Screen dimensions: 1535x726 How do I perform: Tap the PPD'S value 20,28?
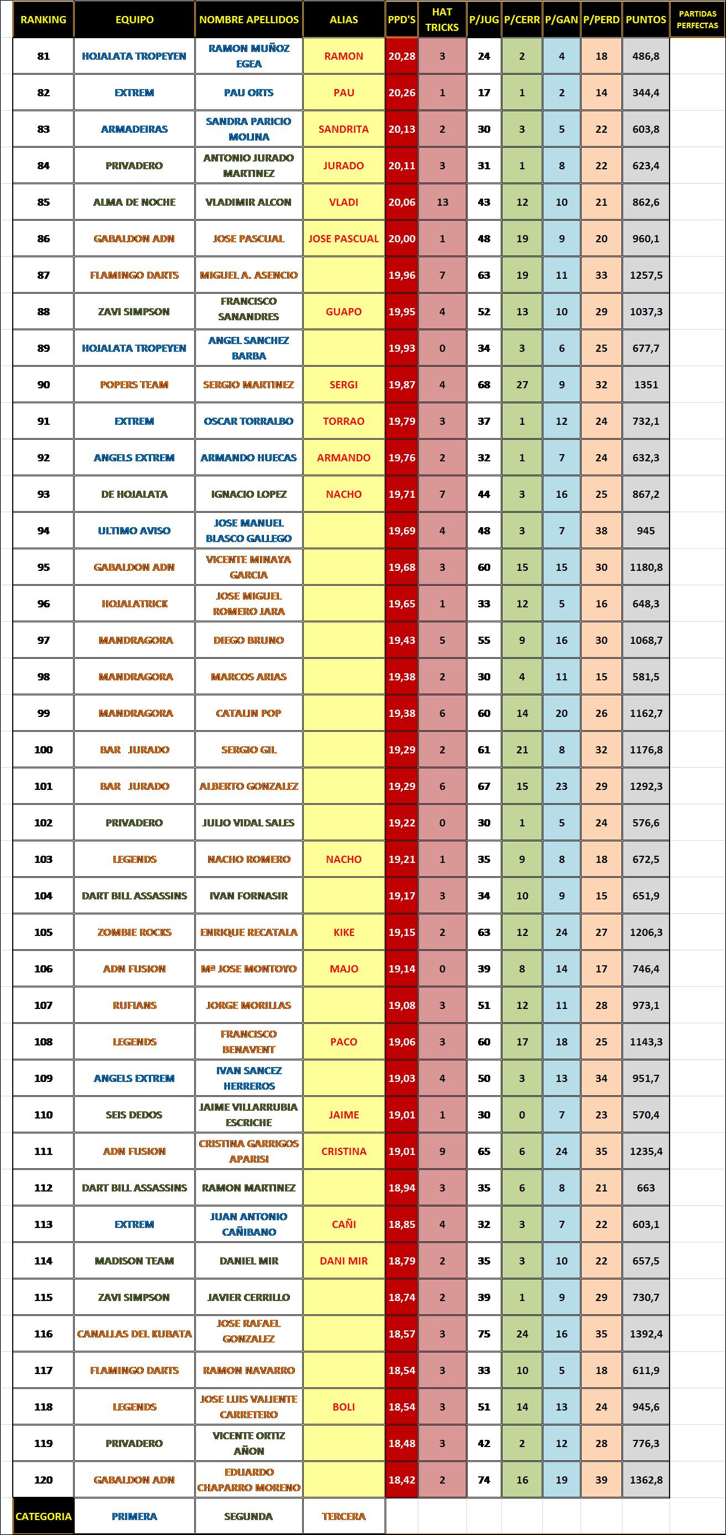click(402, 56)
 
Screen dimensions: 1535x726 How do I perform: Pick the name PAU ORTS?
click(248, 92)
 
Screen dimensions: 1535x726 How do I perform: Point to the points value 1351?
click(646, 384)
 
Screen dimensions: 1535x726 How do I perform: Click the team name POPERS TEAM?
click(134, 384)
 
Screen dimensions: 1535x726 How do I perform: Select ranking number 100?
click(43, 750)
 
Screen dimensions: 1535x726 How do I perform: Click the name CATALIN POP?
click(248, 713)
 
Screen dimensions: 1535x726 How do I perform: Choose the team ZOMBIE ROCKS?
click(134, 932)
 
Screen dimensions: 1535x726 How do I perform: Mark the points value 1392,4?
click(646, 1334)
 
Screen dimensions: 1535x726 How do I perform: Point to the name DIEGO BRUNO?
click(248, 640)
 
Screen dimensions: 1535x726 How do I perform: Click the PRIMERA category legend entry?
click(134, 1517)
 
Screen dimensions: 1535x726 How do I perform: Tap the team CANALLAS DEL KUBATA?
click(134, 1334)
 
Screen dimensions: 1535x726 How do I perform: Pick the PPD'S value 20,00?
click(402, 238)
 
